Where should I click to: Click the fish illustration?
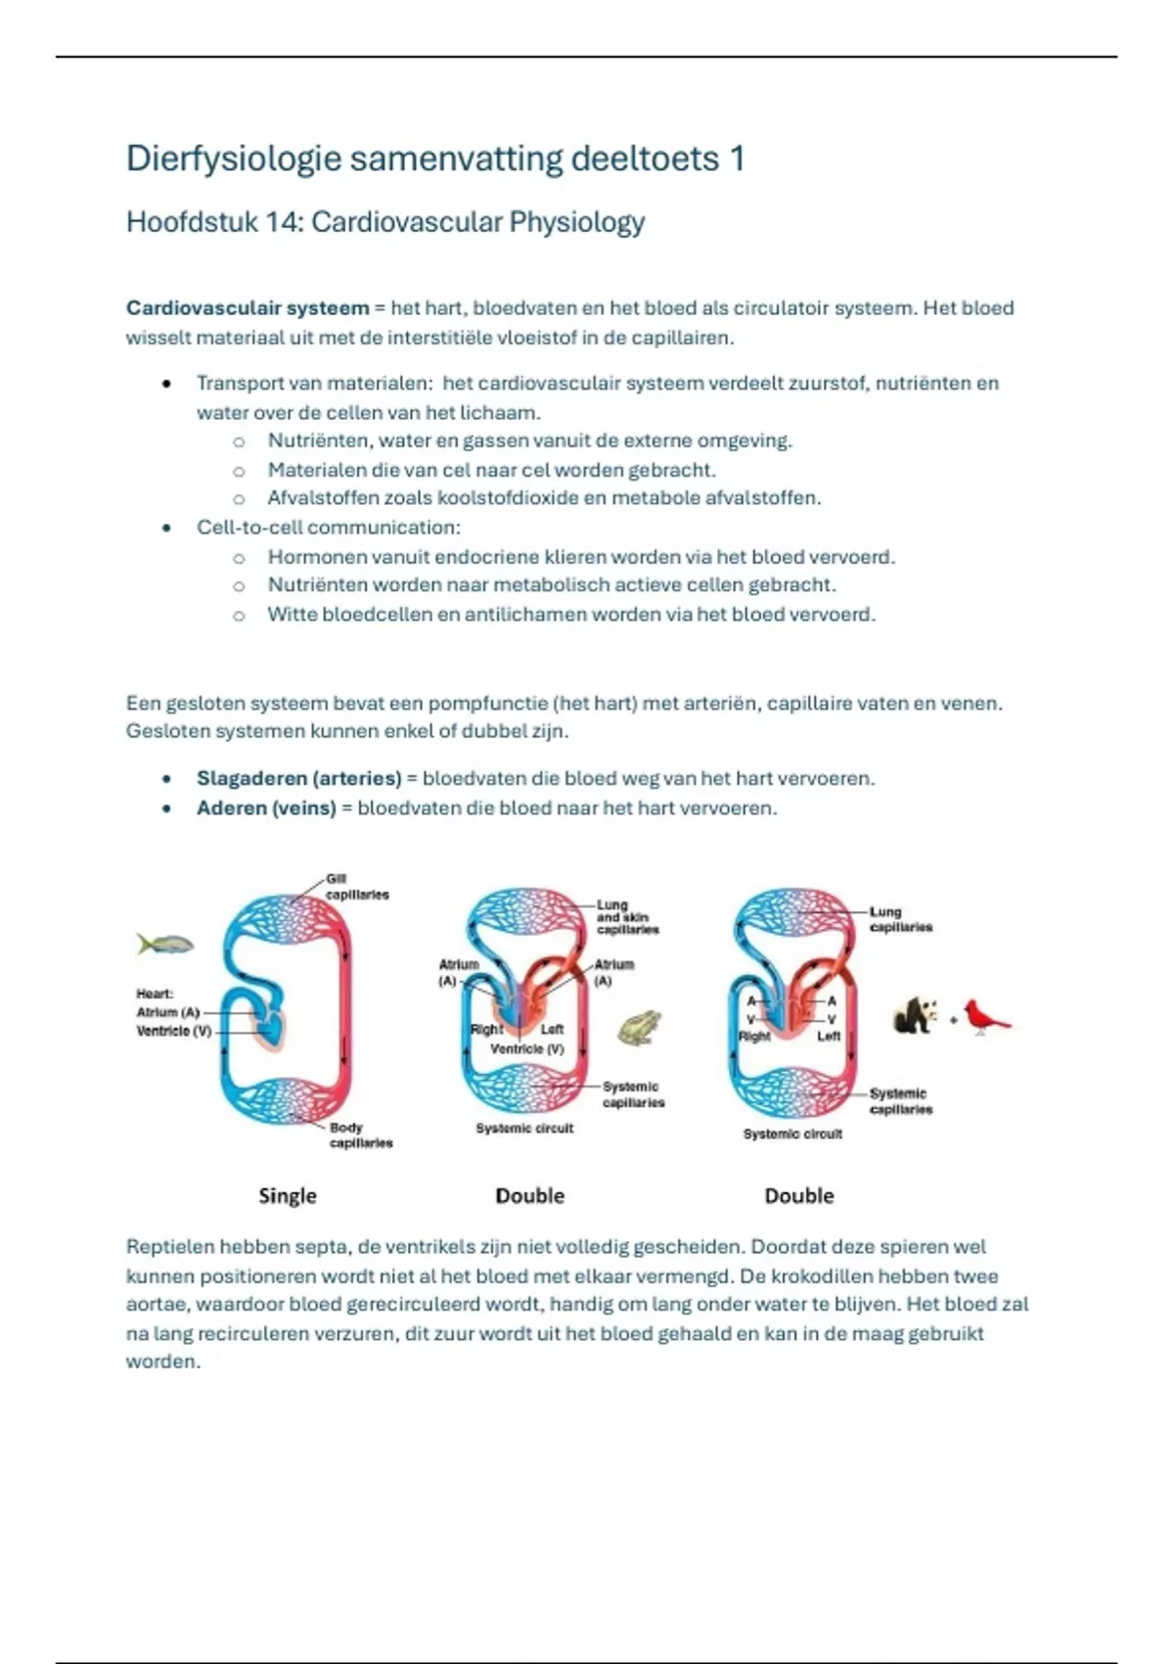click(x=165, y=944)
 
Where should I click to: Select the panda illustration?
click(x=916, y=1015)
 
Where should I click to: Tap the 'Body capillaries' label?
click(x=360, y=1135)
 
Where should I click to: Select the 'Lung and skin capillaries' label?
click(x=627, y=917)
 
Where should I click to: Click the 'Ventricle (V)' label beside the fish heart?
click(x=174, y=1031)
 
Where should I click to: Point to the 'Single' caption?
click(x=288, y=1195)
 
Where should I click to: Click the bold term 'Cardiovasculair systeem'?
click(x=248, y=308)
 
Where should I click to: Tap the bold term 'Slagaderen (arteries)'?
click(x=299, y=778)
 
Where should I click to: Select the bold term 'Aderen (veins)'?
click(x=266, y=809)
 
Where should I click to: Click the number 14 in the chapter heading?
click(x=282, y=222)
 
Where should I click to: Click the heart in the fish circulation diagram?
click(x=269, y=1026)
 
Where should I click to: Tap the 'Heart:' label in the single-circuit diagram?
click(x=155, y=994)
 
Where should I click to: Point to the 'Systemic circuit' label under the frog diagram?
click(x=524, y=1129)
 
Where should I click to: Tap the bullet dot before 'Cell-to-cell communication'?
click(x=167, y=528)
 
